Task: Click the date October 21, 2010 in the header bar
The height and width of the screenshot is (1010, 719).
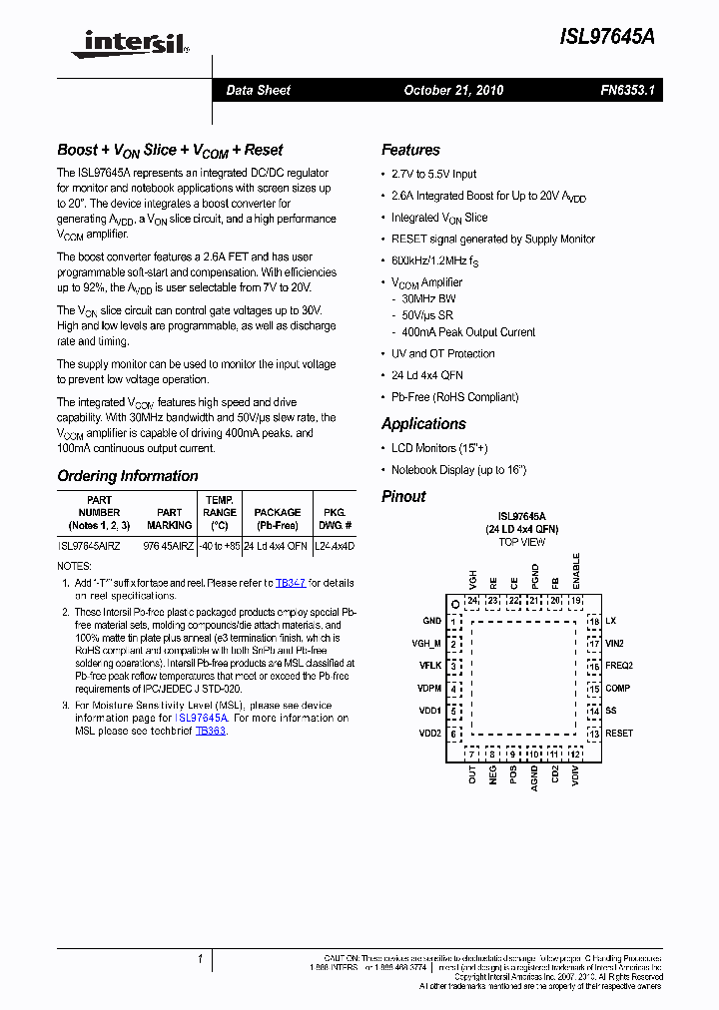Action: (453, 90)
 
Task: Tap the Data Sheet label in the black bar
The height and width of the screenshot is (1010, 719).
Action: (258, 90)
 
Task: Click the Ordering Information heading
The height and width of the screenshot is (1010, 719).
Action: (128, 476)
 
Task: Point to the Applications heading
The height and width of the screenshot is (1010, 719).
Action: (423, 423)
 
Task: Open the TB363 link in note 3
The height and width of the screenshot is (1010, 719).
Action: (211, 731)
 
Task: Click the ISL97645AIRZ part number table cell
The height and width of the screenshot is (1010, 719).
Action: (89, 546)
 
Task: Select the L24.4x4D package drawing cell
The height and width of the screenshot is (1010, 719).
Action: (334, 546)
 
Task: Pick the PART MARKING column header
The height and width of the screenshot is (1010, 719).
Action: (169, 518)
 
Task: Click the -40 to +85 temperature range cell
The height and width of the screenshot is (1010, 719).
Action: (219, 546)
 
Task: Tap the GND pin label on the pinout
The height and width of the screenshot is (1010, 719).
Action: (431, 621)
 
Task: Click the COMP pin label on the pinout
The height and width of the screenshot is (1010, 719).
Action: (617, 688)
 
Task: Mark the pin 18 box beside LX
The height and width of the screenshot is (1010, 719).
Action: (593, 621)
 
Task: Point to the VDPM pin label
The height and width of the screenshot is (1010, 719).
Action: (429, 689)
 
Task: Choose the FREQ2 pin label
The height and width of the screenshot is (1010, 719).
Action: (619, 666)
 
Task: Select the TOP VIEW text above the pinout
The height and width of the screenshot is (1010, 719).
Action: (522, 542)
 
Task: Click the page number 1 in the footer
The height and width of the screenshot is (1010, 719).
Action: (200, 959)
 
